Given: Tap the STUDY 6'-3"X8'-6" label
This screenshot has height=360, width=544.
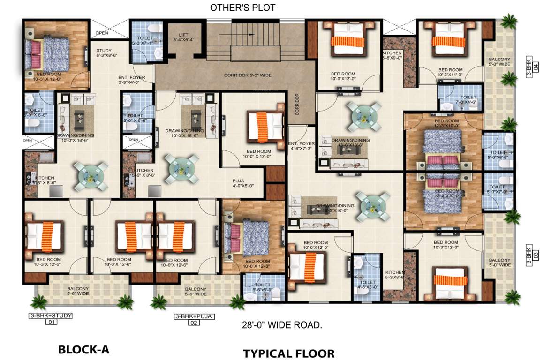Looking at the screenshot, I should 104,53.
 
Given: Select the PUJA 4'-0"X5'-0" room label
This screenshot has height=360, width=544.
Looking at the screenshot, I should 243,182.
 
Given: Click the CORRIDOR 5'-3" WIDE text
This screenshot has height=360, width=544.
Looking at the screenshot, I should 248,75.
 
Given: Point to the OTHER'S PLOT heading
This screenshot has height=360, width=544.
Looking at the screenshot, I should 242,7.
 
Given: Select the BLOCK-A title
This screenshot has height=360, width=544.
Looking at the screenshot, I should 83,349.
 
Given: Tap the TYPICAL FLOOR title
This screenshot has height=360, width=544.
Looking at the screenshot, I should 288,353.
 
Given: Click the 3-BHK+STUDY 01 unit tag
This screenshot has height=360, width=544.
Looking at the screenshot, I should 50,319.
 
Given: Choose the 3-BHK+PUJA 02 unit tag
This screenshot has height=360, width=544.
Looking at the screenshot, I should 194,319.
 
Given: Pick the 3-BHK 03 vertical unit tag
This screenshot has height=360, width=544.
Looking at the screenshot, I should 530,255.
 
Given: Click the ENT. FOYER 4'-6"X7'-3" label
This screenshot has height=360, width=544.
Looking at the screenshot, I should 301,146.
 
